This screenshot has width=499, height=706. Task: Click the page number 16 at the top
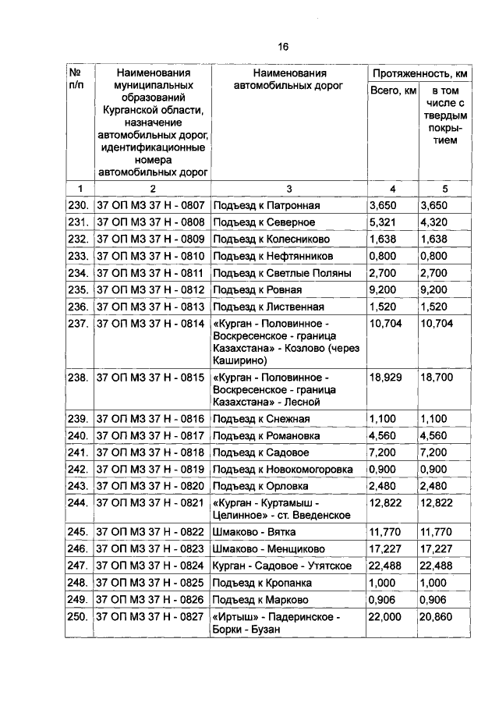283,48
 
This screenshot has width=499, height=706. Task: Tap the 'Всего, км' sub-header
392,92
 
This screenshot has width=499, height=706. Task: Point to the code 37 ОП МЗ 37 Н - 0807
150,206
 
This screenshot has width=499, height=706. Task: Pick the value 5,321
382,222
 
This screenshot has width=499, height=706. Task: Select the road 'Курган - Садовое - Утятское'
281,566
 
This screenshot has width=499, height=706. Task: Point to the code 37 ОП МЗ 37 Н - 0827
150,617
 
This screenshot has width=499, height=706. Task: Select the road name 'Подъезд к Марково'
260,600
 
